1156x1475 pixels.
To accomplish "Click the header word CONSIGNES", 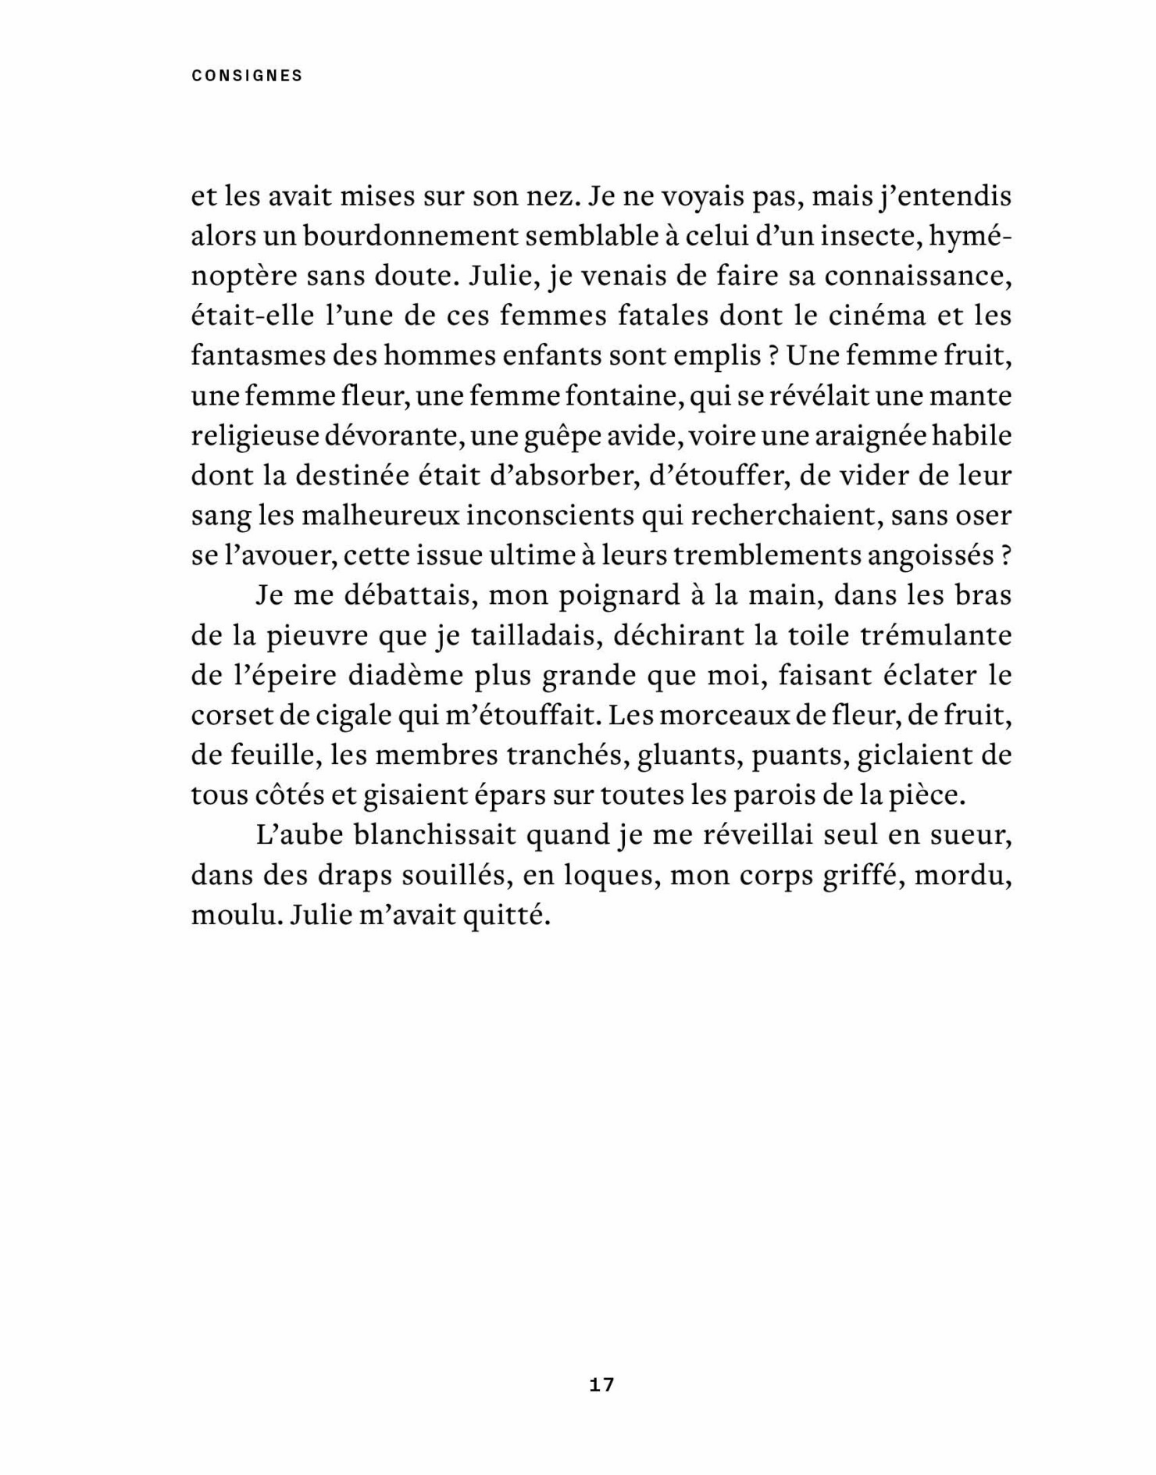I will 247,76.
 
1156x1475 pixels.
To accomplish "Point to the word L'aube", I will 299,835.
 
